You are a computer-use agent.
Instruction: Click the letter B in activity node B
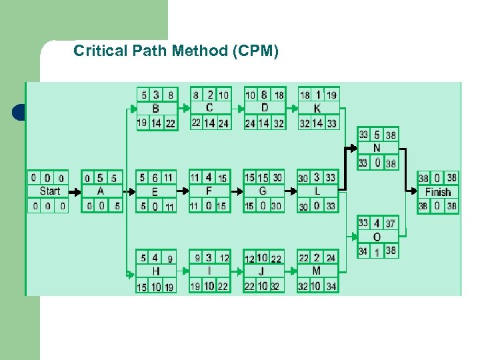pyautogui.click(x=156, y=109)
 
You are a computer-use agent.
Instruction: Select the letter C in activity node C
pyautogui.click(x=209, y=108)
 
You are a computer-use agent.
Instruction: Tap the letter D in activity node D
pyautogui.click(x=264, y=108)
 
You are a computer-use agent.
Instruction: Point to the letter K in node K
pyautogui.click(x=317, y=109)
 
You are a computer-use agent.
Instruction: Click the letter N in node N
pyautogui.click(x=377, y=148)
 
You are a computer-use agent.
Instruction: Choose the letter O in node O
pyautogui.click(x=377, y=237)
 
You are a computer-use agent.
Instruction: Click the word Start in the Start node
pyautogui.click(x=49, y=191)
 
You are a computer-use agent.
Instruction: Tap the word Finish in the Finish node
pyautogui.click(x=438, y=192)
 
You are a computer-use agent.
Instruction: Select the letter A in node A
pyautogui.click(x=101, y=191)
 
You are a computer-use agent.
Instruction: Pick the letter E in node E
pyautogui.click(x=155, y=192)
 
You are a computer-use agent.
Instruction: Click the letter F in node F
pyautogui.click(x=209, y=191)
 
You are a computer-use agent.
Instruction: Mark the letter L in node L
pyautogui.click(x=317, y=192)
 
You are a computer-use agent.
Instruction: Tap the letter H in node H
pyautogui.click(x=155, y=271)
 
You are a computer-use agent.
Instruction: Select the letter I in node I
pyautogui.click(x=209, y=271)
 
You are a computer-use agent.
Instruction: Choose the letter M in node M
pyautogui.click(x=316, y=271)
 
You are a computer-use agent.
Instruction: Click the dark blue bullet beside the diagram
pyautogui.click(x=18, y=112)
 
